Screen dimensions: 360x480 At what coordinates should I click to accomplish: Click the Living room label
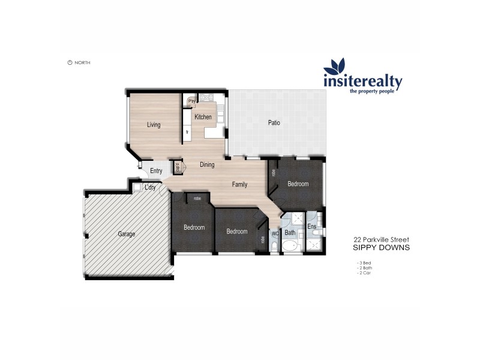pos(154,125)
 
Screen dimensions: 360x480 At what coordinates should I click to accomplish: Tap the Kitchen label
pos(202,117)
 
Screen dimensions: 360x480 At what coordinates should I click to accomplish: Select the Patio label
pos(274,123)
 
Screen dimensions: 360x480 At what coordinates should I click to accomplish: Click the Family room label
pos(239,185)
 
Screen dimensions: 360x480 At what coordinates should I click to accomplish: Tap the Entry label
pos(156,171)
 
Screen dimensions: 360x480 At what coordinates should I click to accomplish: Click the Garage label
pos(126,233)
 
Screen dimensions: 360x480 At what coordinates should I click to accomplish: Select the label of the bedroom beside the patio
pos(298,184)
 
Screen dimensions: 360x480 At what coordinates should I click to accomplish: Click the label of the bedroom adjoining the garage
pos(194,227)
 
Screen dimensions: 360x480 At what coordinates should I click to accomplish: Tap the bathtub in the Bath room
pos(291,247)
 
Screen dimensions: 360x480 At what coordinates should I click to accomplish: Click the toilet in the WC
pos(274,246)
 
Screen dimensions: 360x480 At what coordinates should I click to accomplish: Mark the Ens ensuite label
pos(312,227)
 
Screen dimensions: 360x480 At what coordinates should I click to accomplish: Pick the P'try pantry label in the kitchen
pos(192,101)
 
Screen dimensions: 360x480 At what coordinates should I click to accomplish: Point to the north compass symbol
pos(70,62)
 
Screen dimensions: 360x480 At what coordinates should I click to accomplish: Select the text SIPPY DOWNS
pos(381,247)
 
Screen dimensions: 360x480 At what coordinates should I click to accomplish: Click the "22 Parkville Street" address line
pos(381,239)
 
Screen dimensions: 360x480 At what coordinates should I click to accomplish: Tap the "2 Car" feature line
pos(364,272)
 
